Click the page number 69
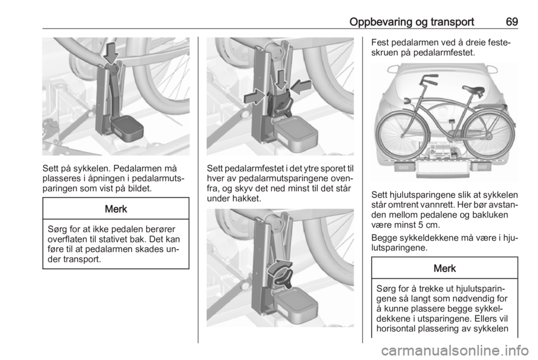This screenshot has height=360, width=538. point(512,22)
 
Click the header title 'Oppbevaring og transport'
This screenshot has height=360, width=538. point(411,22)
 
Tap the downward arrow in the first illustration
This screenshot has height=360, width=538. point(111,52)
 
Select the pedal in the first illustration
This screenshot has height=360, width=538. point(126,128)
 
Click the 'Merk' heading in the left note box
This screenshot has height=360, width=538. point(116,209)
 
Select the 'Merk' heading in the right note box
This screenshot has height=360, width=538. point(444,269)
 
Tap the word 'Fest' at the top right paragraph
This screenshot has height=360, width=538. point(380,43)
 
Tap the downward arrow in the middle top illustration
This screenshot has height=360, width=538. point(281,80)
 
